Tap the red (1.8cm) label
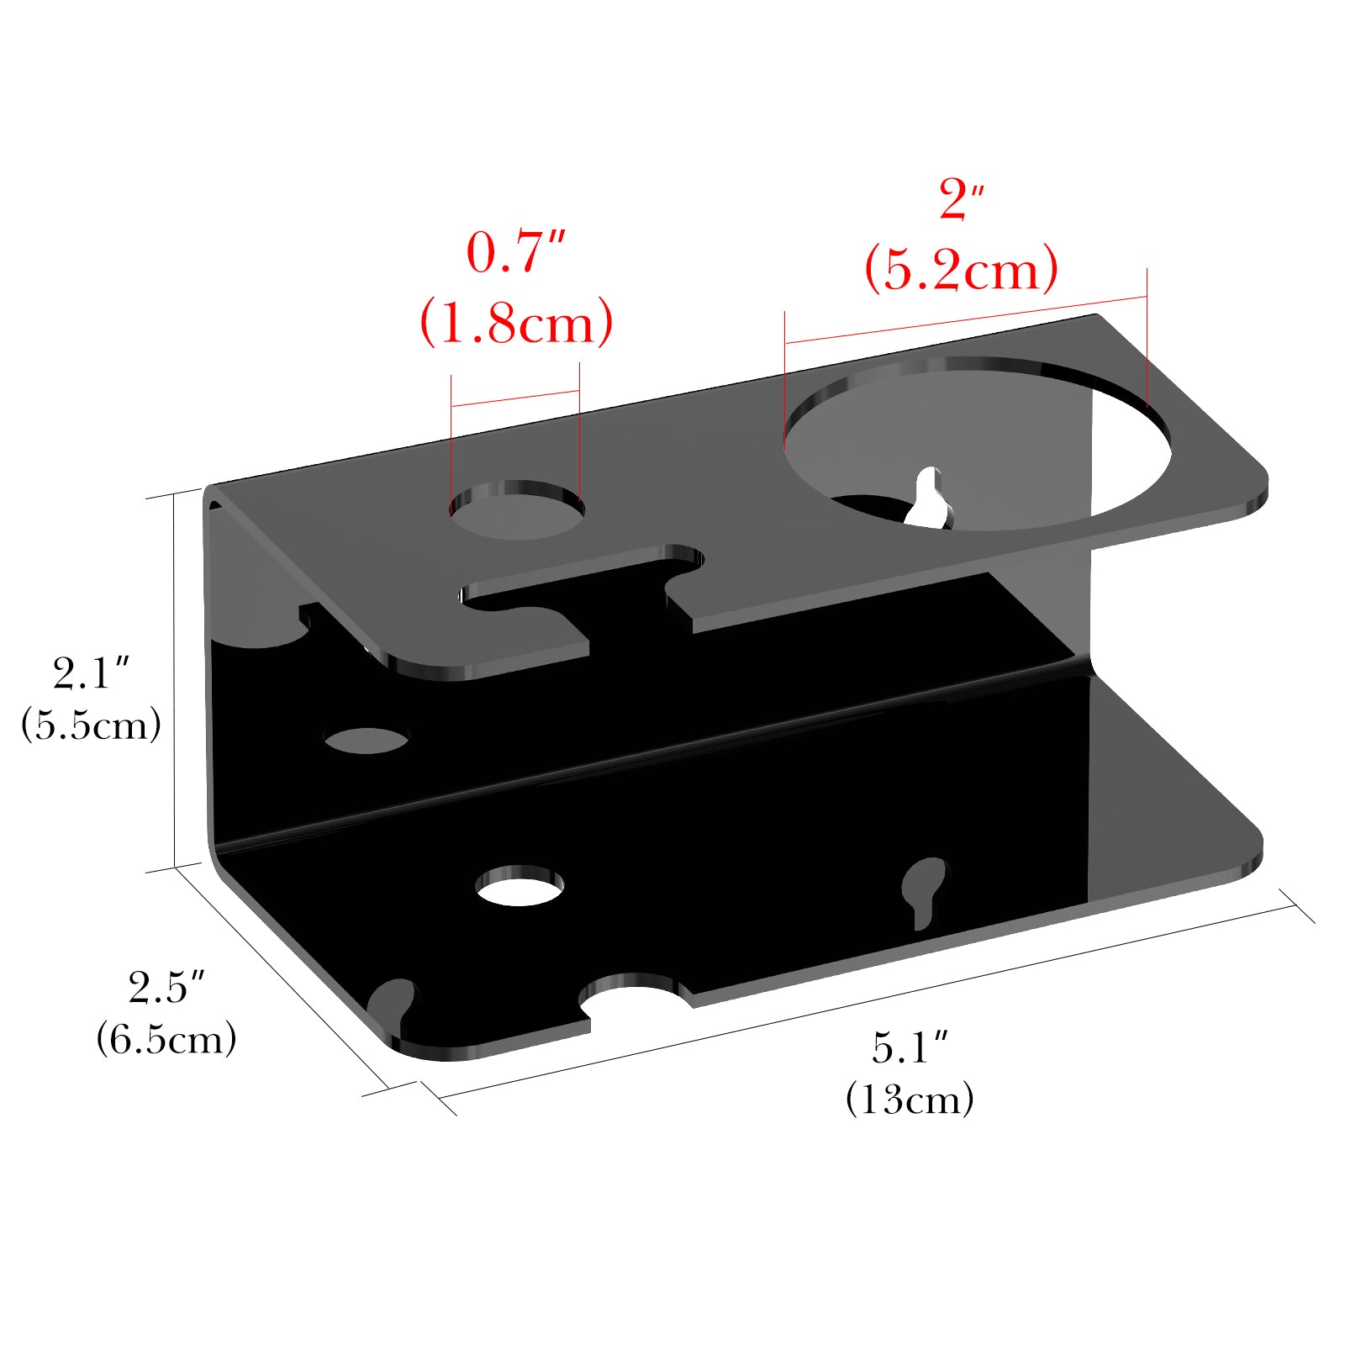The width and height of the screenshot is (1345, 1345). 516,322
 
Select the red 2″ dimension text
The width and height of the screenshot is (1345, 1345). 962,199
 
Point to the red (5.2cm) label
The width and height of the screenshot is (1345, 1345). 962,270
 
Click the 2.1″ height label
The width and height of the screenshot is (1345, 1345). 91,672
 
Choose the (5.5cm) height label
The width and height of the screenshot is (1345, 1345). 91,724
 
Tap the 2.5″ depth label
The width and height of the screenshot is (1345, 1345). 166,987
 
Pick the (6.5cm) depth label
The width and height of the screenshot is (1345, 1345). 166,1039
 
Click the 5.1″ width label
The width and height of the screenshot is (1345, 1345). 910,1047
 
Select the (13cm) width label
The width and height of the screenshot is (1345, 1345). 910,1099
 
